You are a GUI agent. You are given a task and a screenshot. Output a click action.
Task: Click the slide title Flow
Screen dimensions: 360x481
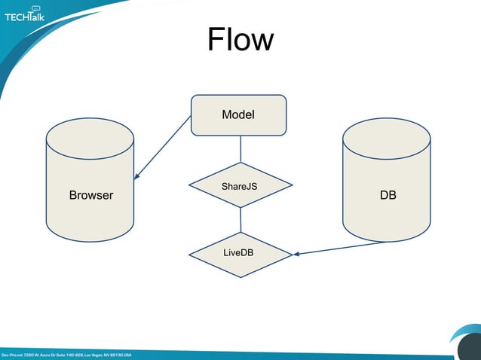pyautogui.click(x=240, y=39)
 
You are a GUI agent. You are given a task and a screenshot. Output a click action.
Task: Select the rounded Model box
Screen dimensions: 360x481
pyautogui.click(x=238, y=114)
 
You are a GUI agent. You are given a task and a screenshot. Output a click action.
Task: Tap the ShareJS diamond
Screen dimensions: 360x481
pyautogui.click(x=239, y=185)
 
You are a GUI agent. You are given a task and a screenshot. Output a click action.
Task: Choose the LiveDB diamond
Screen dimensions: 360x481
pyautogui.click(x=239, y=253)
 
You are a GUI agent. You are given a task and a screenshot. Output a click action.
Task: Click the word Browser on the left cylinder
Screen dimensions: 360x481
pyautogui.click(x=90, y=195)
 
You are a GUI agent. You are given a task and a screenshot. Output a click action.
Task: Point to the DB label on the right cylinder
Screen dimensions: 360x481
pyautogui.click(x=388, y=195)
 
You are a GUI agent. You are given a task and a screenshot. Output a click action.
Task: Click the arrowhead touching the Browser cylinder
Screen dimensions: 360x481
pyautogui.click(x=136, y=178)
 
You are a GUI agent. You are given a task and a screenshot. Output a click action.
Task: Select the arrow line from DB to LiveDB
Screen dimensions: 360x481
pyautogui.click(x=343, y=248)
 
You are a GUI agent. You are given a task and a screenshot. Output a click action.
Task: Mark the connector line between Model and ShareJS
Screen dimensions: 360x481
pyautogui.click(x=240, y=148)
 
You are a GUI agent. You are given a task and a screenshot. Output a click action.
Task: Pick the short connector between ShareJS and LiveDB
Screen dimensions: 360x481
pyautogui.click(x=240, y=219)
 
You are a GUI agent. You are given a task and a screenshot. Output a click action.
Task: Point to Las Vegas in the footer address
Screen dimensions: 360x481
pyautogui.click(x=96, y=355)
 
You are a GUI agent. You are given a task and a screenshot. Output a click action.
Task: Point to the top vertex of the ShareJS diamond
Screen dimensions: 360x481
pyautogui.click(x=240, y=163)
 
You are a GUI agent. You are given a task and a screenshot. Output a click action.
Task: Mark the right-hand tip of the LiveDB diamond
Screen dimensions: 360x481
pyautogui.click(x=292, y=254)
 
